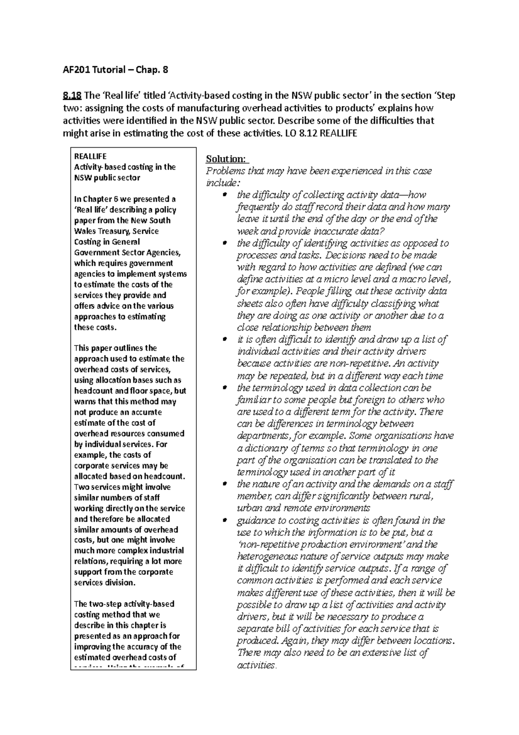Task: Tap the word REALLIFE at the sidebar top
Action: (x=90, y=156)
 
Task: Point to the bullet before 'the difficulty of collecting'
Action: (x=224, y=196)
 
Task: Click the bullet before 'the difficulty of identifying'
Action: (x=224, y=244)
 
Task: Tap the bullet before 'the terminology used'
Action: (x=224, y=388)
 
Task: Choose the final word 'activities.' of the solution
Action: (x=256, y=665)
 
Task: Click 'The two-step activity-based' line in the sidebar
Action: (x=124, y=604)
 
